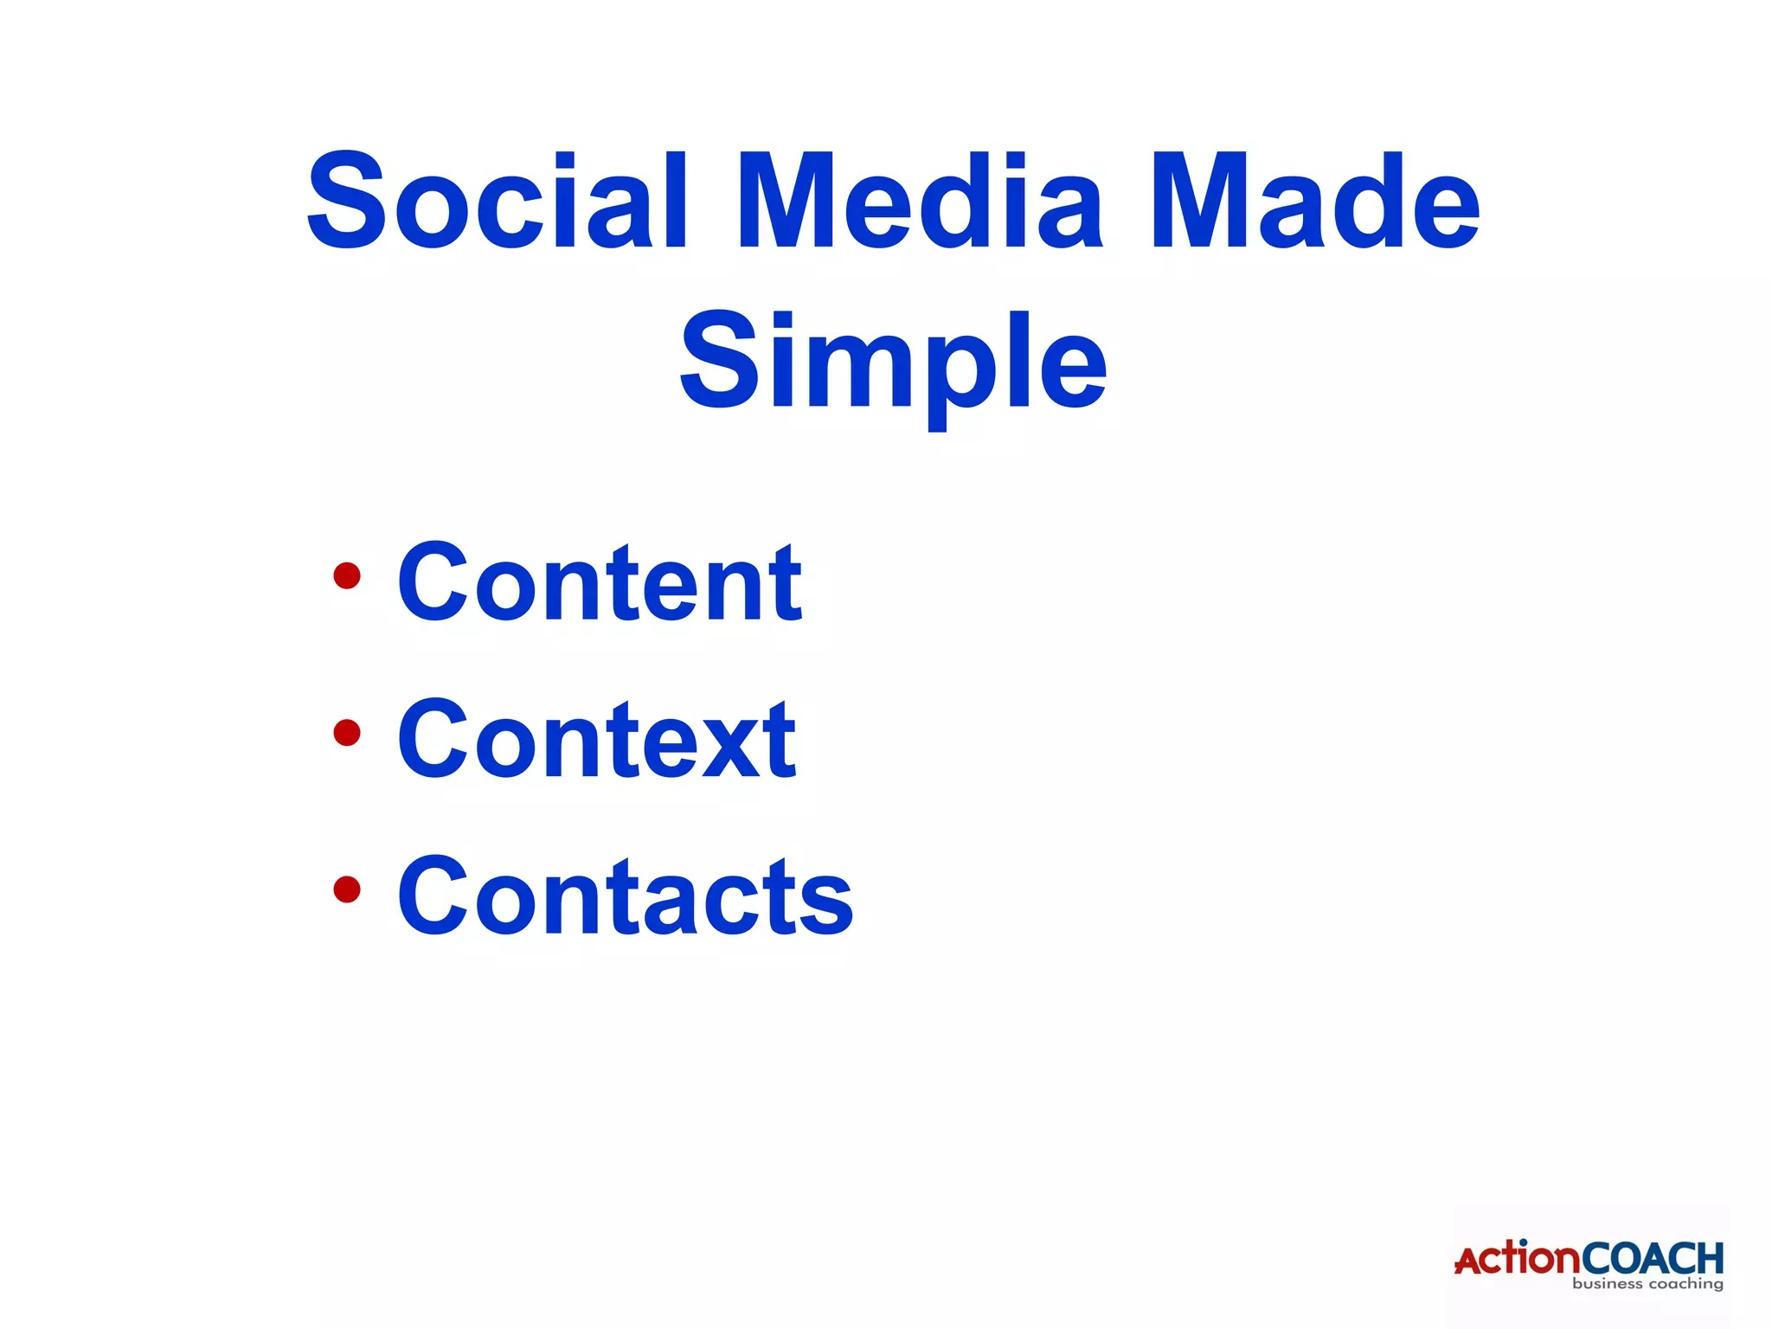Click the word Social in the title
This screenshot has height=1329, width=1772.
point(498,202)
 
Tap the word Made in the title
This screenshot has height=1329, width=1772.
point(1314,202)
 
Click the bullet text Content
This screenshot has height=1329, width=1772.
point(600,582)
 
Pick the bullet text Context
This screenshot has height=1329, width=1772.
point(596,740)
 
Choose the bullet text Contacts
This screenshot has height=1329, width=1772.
point(625,896)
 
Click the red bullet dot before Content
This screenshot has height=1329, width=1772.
point(347,575)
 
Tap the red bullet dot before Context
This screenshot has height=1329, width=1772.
point(347,733)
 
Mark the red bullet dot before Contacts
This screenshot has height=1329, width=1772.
point(347,889)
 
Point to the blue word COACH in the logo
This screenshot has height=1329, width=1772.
point(1653,1259)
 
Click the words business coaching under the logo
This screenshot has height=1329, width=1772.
point(1647,1284)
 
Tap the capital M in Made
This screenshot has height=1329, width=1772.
point(1198,202)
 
